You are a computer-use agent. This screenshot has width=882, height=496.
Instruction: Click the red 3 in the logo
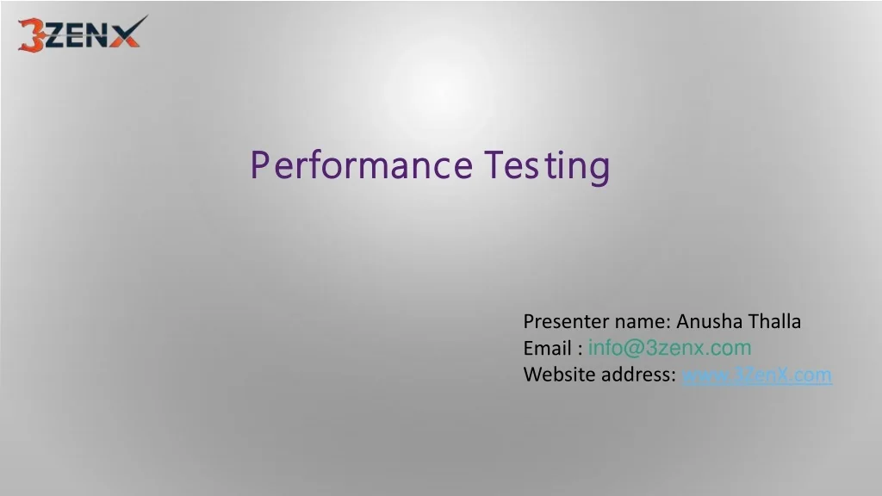[33, 34]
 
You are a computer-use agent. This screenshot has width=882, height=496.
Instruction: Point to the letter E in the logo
[76, 36]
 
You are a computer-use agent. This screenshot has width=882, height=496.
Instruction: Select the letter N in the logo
[97, 36]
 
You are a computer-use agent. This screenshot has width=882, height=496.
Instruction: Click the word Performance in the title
[361, 165]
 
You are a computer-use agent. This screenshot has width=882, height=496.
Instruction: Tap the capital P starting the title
[259, 165]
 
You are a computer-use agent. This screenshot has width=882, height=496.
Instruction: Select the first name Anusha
[709, 322]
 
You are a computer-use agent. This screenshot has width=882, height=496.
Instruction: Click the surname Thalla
[774, 322]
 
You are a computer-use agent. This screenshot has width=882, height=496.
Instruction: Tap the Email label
[547, 349]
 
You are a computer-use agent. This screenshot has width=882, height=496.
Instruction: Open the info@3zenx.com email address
[669, 348]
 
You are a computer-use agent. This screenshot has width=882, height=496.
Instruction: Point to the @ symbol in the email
[633, 348]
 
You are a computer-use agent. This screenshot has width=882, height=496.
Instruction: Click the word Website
[556, 375]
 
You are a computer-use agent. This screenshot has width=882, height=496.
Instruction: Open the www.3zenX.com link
[757, 375]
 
